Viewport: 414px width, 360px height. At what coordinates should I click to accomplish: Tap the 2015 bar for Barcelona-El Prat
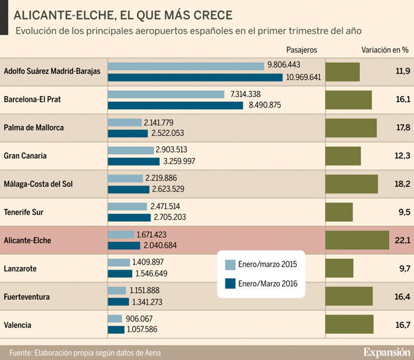point(166,94)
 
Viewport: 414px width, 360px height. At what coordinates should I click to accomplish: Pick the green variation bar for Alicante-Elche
point(356,240)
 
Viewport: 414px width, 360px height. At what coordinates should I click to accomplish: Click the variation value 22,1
point(402,240)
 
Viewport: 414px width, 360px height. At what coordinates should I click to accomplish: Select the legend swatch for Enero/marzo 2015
point(230,265)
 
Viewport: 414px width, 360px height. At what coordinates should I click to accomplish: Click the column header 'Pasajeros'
point(302,50)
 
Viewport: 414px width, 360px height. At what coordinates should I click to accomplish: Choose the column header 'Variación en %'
point(385,50)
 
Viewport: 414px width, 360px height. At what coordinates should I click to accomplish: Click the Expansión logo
point(386,352)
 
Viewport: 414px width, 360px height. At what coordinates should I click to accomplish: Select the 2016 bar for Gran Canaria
point(131,161)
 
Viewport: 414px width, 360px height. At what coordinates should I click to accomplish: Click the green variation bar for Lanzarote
point(338,268)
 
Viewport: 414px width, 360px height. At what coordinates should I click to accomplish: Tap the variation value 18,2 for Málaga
point(402,184)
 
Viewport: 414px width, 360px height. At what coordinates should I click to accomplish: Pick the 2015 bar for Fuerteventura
point(117,291)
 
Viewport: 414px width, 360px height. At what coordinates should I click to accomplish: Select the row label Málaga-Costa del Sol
point(38,184)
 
